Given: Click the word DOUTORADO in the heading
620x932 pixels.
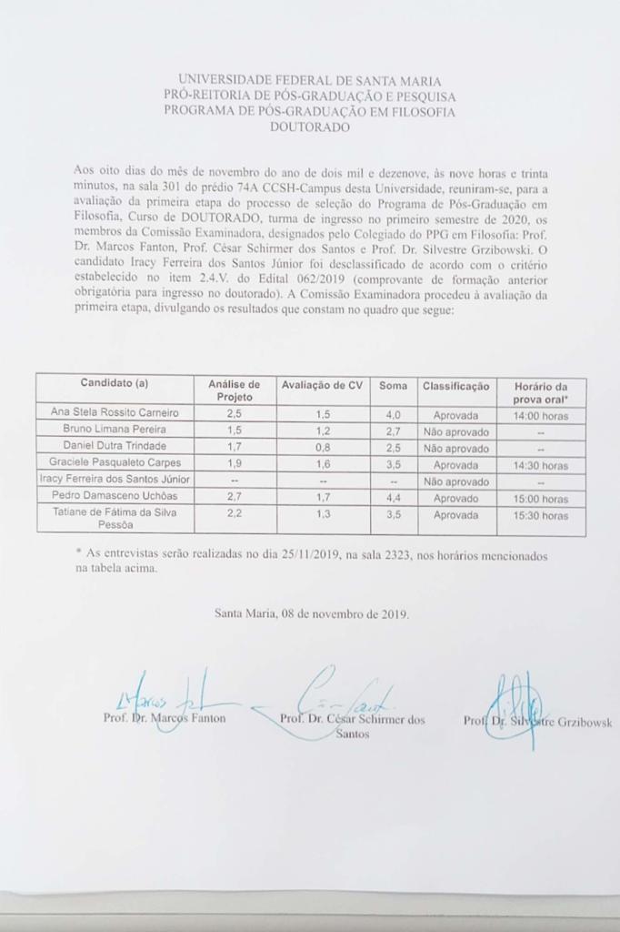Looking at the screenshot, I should click(309, 127).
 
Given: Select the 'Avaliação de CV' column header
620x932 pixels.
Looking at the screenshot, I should click(321, 385).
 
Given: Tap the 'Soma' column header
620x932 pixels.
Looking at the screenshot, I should click(393, 385).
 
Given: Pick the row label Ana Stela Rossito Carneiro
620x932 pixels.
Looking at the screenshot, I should click(115, 412).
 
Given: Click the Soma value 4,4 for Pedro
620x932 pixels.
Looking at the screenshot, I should click(393, 497).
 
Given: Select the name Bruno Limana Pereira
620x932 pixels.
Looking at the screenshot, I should click(115, 429).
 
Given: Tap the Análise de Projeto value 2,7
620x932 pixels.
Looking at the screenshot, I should click(234, 497).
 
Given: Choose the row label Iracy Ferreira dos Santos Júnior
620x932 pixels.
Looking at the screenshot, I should click(114, 480).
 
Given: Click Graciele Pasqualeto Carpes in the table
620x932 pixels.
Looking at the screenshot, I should click(115, 463).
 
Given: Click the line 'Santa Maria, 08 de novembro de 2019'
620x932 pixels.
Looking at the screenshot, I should click(312, 613).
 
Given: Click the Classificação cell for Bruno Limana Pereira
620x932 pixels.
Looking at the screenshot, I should click(455, 431).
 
